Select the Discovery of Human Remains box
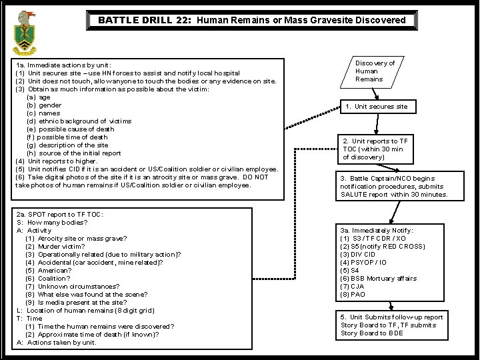(375, 71)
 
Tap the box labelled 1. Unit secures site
(376, 107)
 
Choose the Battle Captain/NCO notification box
(394, 187)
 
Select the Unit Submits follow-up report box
(391, 325)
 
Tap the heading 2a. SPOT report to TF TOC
(60, 214)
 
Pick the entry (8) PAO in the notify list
(354, 294)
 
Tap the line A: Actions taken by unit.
(56, 342)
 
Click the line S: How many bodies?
(49, 222)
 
